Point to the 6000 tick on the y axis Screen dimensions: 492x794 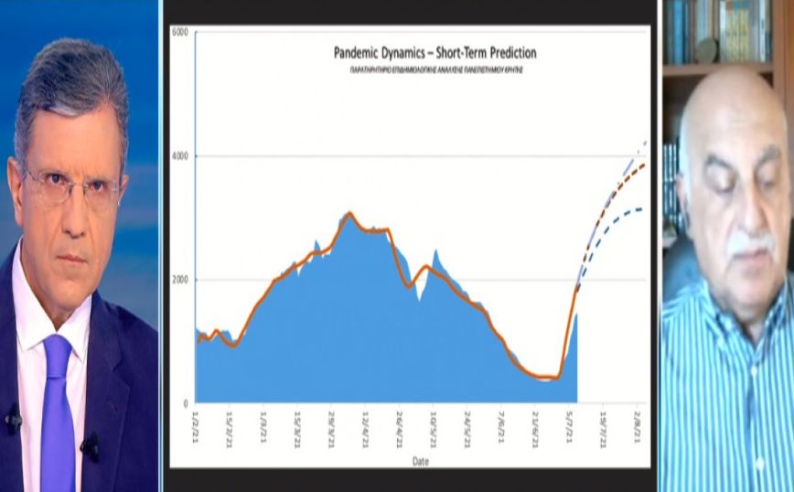179,33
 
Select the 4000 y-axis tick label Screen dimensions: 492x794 179,156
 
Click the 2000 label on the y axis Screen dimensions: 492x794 179,280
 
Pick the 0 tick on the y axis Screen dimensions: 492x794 185,403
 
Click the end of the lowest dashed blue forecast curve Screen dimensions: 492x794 641,210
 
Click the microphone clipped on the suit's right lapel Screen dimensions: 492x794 90,445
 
